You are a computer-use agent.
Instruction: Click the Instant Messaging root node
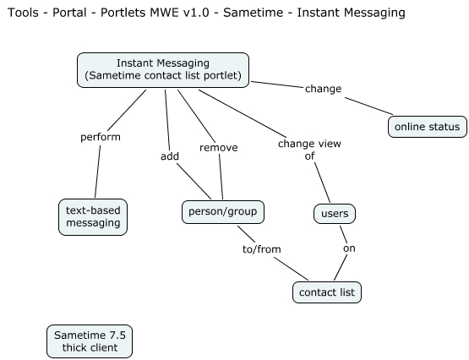(x=163, y=69)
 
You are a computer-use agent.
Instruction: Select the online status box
(x=427, y=127)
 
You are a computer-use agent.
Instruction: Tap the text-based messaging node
(x=93, y=217)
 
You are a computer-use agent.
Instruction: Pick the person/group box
(x=222, y=211)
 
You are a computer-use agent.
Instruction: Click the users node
(x=334, y=215)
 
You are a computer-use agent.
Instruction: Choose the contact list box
(x=328, y=292)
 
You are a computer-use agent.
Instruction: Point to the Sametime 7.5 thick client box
(x=90, y=341)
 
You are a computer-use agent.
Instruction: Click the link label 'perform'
(x=100, y=136)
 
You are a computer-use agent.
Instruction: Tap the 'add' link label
(x=169, y=155)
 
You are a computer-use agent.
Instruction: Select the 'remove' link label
(x=218, y=147)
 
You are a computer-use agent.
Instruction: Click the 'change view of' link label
(x=308, y=149)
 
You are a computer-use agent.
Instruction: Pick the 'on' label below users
(x=348, y=248)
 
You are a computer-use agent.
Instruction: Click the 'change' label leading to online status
(x=323, y=88)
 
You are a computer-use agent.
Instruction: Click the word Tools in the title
(x=24, y=13)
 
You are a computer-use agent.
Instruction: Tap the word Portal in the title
(x=74, y=13)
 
